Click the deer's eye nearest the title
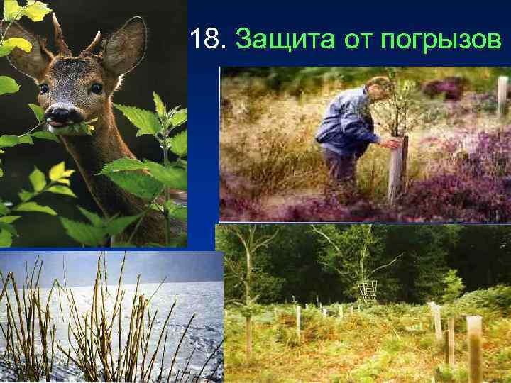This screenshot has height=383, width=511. coord(97,88)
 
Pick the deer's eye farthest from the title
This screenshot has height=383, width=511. coord(44,89)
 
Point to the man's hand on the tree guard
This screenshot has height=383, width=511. coord(388,143)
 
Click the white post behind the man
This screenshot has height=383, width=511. coord(502,96)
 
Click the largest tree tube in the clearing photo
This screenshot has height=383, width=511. coord(473,348)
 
